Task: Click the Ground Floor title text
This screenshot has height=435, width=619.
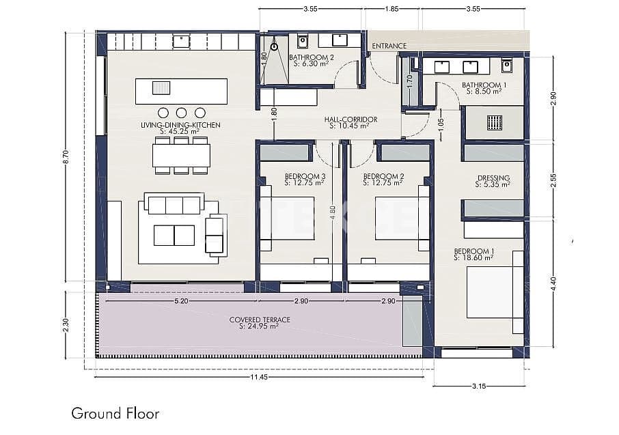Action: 115,414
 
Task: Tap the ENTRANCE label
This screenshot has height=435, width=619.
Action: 389,46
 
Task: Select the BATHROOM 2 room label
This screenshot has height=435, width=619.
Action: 311,57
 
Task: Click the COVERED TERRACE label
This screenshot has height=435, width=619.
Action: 260,320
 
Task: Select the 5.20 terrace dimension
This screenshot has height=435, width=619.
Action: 182,300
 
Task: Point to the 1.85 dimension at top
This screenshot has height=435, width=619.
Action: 392,9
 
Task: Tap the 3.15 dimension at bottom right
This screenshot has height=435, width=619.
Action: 479,387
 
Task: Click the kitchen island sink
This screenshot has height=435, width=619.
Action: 161,88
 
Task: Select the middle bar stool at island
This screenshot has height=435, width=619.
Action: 181,113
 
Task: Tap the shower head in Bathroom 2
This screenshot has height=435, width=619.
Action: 273,47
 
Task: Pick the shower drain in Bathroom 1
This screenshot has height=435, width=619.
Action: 495,122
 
